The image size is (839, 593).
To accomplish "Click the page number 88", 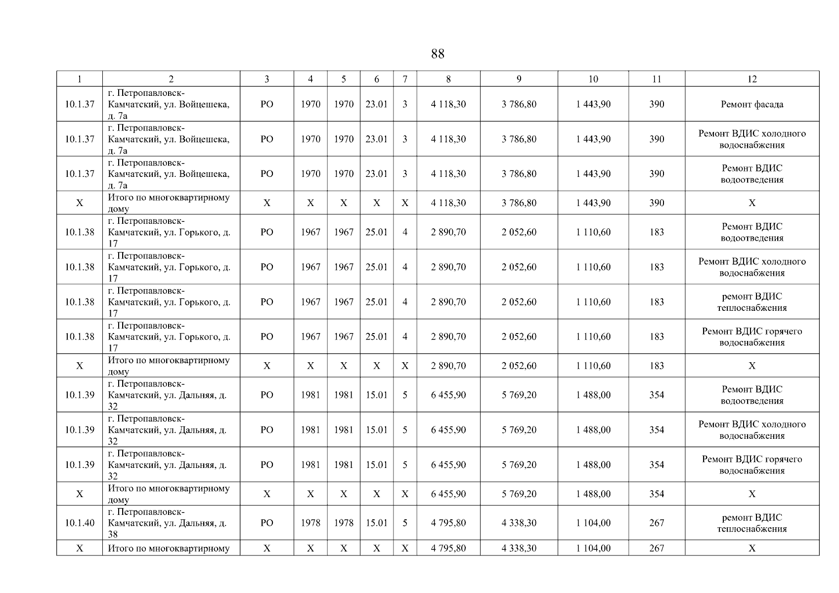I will pos(438,54).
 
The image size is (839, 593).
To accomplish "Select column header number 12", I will pos(751,79).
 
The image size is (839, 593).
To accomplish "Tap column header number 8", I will pos(448,79).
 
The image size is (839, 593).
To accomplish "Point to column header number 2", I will pos(171,79).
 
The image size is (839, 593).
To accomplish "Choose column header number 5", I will pos(343,79).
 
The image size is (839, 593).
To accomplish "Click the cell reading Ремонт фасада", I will pos(751,104).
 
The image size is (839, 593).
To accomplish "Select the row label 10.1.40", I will pos(80,523).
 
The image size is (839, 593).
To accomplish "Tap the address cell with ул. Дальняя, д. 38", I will pos(168,523).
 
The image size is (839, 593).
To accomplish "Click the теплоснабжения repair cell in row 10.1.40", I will pos(751,523).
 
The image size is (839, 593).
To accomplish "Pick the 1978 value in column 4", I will pos(310,523).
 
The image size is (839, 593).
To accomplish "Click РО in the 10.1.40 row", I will pos(266,523).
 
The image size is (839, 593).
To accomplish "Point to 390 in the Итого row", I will pos(657,203).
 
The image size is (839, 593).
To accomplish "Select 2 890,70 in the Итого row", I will pos(448,366).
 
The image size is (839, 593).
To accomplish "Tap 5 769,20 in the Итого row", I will pos(519,494).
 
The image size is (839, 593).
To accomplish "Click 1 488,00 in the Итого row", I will pos(593,494).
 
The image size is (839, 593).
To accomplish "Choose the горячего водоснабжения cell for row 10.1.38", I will pos(751,337).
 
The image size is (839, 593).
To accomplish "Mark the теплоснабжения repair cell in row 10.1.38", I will pos(751,302).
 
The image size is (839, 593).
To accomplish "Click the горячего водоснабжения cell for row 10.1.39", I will pos(751,465).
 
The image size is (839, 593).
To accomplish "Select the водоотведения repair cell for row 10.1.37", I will pos(751,174).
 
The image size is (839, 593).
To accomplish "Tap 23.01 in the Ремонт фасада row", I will pos(376,104).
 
